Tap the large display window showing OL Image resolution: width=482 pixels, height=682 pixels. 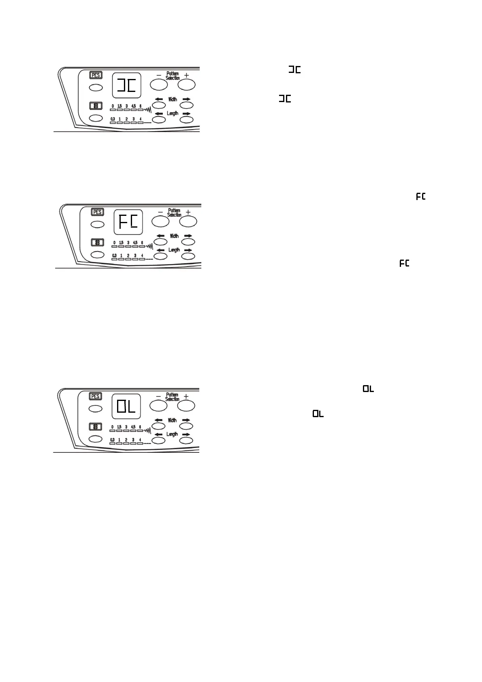point(126,406)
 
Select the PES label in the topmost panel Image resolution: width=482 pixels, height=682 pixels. point(96,75)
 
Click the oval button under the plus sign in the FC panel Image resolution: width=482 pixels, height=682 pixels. point(188,222)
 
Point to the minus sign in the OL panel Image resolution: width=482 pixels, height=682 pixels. point(158,396)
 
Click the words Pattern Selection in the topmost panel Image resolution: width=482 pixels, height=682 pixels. point(173,76)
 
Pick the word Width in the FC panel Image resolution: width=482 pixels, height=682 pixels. point(174,236)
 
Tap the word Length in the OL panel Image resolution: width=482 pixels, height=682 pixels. point(172,434)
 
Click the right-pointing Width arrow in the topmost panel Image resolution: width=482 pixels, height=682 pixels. point(186,99)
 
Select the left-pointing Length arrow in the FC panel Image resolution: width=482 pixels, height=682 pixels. point(161,250)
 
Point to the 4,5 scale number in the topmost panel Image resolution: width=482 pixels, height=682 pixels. point(134,106)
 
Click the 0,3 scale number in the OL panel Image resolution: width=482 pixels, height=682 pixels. point(113,440)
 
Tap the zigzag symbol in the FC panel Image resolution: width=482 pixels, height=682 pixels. point(149,246)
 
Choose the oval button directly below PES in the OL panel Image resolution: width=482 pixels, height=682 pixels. point(96,408)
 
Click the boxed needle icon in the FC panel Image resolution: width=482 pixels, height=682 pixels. point(97,242)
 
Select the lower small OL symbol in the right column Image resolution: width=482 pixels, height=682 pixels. point(318,414)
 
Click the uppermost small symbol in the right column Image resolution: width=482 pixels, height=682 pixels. point(294,70)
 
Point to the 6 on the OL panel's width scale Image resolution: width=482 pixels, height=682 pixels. point(140,427)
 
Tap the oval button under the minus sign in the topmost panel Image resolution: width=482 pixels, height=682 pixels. point(159,85)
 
